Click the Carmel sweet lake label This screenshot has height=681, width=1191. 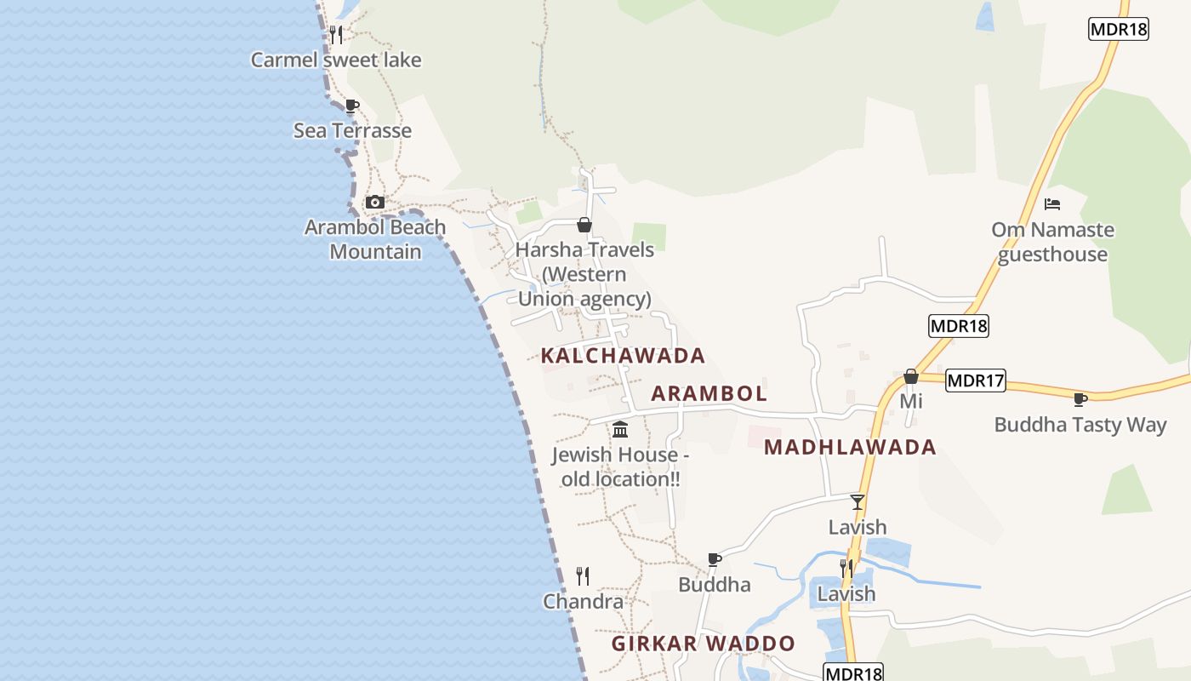tap(336, 60)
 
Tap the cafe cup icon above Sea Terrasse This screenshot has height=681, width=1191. tap(351, 106)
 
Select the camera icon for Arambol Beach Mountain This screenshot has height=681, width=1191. tap(374, 203)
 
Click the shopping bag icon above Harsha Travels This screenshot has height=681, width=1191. tap(584, 225)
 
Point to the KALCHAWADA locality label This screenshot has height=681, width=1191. tap(623, 355)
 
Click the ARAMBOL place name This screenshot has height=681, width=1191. tap(709, 393)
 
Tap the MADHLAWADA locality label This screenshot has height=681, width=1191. tap(849, 447)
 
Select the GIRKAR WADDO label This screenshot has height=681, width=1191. tap(703, 644)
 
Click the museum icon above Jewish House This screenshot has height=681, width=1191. tap(620, 430)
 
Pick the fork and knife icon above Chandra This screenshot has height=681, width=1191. tap(583, 576)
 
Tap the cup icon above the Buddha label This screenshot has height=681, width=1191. tap(715, 559)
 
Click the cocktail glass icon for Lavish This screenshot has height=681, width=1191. tap(858, 502)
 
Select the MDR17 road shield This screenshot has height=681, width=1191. tap(975, 381)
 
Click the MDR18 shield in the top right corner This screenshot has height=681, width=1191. tap(1118, 29)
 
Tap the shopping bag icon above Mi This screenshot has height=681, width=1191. tap(911, 376)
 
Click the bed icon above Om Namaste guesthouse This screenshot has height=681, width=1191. tap(1052, 204)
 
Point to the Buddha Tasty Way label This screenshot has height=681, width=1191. tap(1080, 424)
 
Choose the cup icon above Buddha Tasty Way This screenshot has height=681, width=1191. tap(1080, 399)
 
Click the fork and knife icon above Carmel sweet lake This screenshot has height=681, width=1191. tap(336, 35)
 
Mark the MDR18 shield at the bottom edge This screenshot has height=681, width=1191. tap(852, 672)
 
